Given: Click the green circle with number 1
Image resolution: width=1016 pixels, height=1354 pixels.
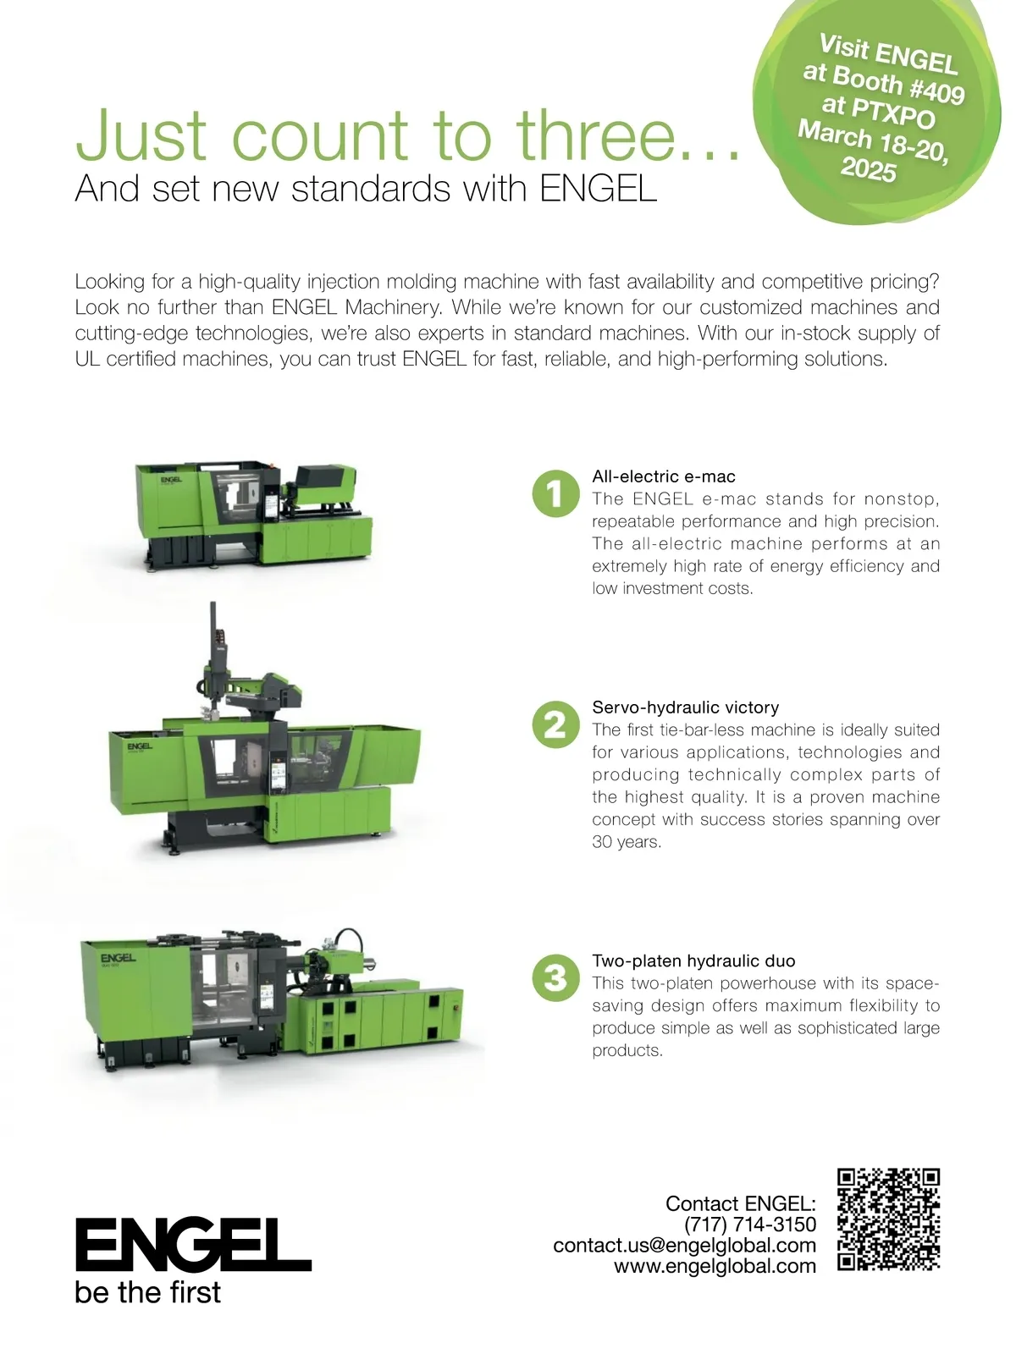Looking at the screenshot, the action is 555,493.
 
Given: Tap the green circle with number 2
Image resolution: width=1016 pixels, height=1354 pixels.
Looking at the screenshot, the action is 555,724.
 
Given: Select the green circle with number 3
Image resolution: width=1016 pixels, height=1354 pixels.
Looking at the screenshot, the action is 555,977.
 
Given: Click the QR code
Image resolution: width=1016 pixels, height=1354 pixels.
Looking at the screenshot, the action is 888,1219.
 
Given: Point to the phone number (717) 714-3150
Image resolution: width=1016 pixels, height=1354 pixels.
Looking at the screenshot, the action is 749,1225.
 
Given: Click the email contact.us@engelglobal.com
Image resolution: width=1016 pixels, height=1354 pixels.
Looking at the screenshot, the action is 684,1246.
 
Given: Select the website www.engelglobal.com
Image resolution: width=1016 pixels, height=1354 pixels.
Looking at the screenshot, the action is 715,1266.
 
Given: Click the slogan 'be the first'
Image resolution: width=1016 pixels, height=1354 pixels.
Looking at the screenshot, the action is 147,1291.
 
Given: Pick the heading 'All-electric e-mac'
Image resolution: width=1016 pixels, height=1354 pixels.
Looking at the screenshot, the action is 664,476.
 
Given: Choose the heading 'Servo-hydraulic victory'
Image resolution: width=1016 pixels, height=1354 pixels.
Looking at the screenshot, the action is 685,707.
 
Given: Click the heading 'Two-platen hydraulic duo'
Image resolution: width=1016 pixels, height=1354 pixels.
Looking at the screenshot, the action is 693,960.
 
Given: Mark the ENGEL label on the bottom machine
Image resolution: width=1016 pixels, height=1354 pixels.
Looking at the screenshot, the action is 118,958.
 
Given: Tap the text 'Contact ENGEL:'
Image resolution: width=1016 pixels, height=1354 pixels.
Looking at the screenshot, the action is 740,1203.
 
